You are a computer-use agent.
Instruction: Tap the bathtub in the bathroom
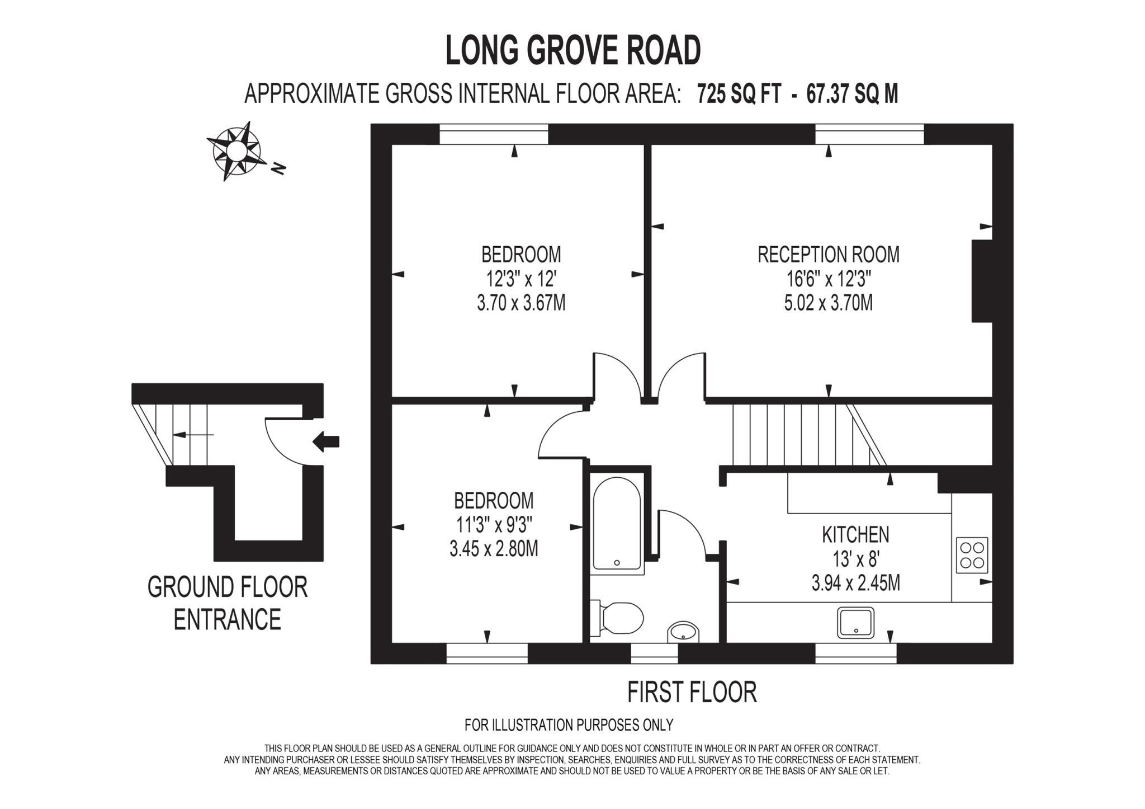(617, 523)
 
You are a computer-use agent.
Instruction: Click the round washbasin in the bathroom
(683, 632)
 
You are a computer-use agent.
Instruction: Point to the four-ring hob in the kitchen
(972, 555)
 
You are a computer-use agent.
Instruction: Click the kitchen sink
(855, 622)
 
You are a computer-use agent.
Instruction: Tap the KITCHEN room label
(855, 535)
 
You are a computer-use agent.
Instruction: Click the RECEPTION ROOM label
(828, 255)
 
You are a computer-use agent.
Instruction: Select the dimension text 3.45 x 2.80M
(493, 549)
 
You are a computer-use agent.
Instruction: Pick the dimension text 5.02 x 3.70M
(828, 303)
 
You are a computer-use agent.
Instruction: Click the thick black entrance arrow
(326, 441)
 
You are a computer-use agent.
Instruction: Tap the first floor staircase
(805, 434)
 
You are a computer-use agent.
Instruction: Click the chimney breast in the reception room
(981, 281)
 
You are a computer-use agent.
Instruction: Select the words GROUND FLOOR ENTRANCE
(227, 603)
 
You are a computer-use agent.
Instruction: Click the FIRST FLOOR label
(692, 692)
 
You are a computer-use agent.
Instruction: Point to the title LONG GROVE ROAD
(572, 50)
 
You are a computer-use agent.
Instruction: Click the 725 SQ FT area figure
(738, 94)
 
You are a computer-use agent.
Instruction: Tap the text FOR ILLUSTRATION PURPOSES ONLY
(569, 725)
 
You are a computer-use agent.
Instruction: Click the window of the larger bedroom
(493, 134)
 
